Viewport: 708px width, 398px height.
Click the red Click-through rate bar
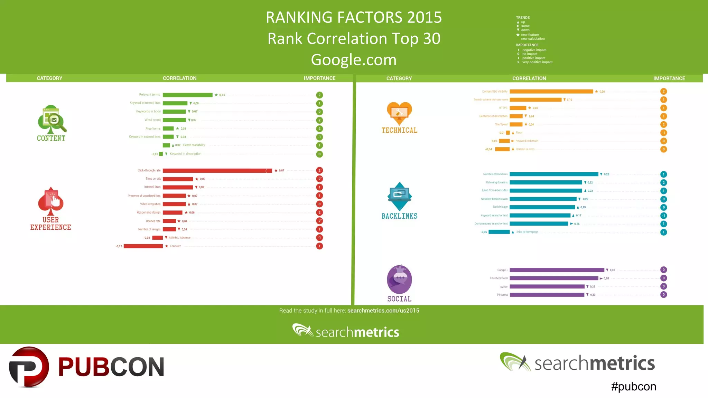(217, 171)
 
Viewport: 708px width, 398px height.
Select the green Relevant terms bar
(187, 95)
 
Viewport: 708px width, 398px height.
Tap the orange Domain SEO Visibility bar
(551, 92)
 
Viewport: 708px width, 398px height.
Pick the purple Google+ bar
(557, 270)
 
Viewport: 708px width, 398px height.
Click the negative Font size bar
(143, 246)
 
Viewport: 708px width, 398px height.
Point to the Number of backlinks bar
(553, 174)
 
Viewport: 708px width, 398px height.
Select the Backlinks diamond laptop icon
(399, 196)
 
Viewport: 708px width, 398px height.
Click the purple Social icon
(399, 279)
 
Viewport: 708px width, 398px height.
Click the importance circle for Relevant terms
(319, 95)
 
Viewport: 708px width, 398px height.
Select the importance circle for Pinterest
(663, 295)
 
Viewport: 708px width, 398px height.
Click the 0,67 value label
(281, 171)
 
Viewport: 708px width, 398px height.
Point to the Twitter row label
(503, 287)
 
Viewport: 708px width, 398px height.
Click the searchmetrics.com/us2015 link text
(383, 311)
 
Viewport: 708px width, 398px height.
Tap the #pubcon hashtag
(633, 386)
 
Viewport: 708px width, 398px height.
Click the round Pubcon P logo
(29, 367)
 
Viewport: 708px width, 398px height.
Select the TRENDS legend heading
(523, 18)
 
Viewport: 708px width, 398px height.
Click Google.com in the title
(354, 60)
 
